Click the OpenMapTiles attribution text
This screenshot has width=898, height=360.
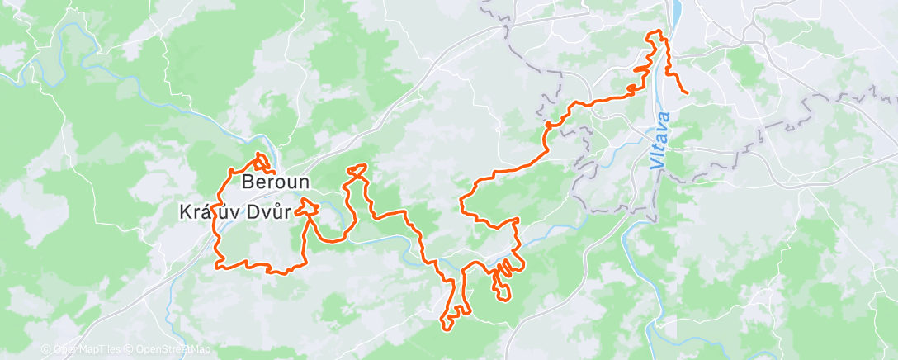tap(78, 350)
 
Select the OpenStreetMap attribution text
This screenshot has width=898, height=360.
tap(168, 350)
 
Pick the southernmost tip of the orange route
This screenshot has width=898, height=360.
tap(447, 329)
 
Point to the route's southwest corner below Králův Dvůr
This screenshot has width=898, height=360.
tap(219, 265)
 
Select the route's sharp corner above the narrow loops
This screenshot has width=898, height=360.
tap(517, 220)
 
